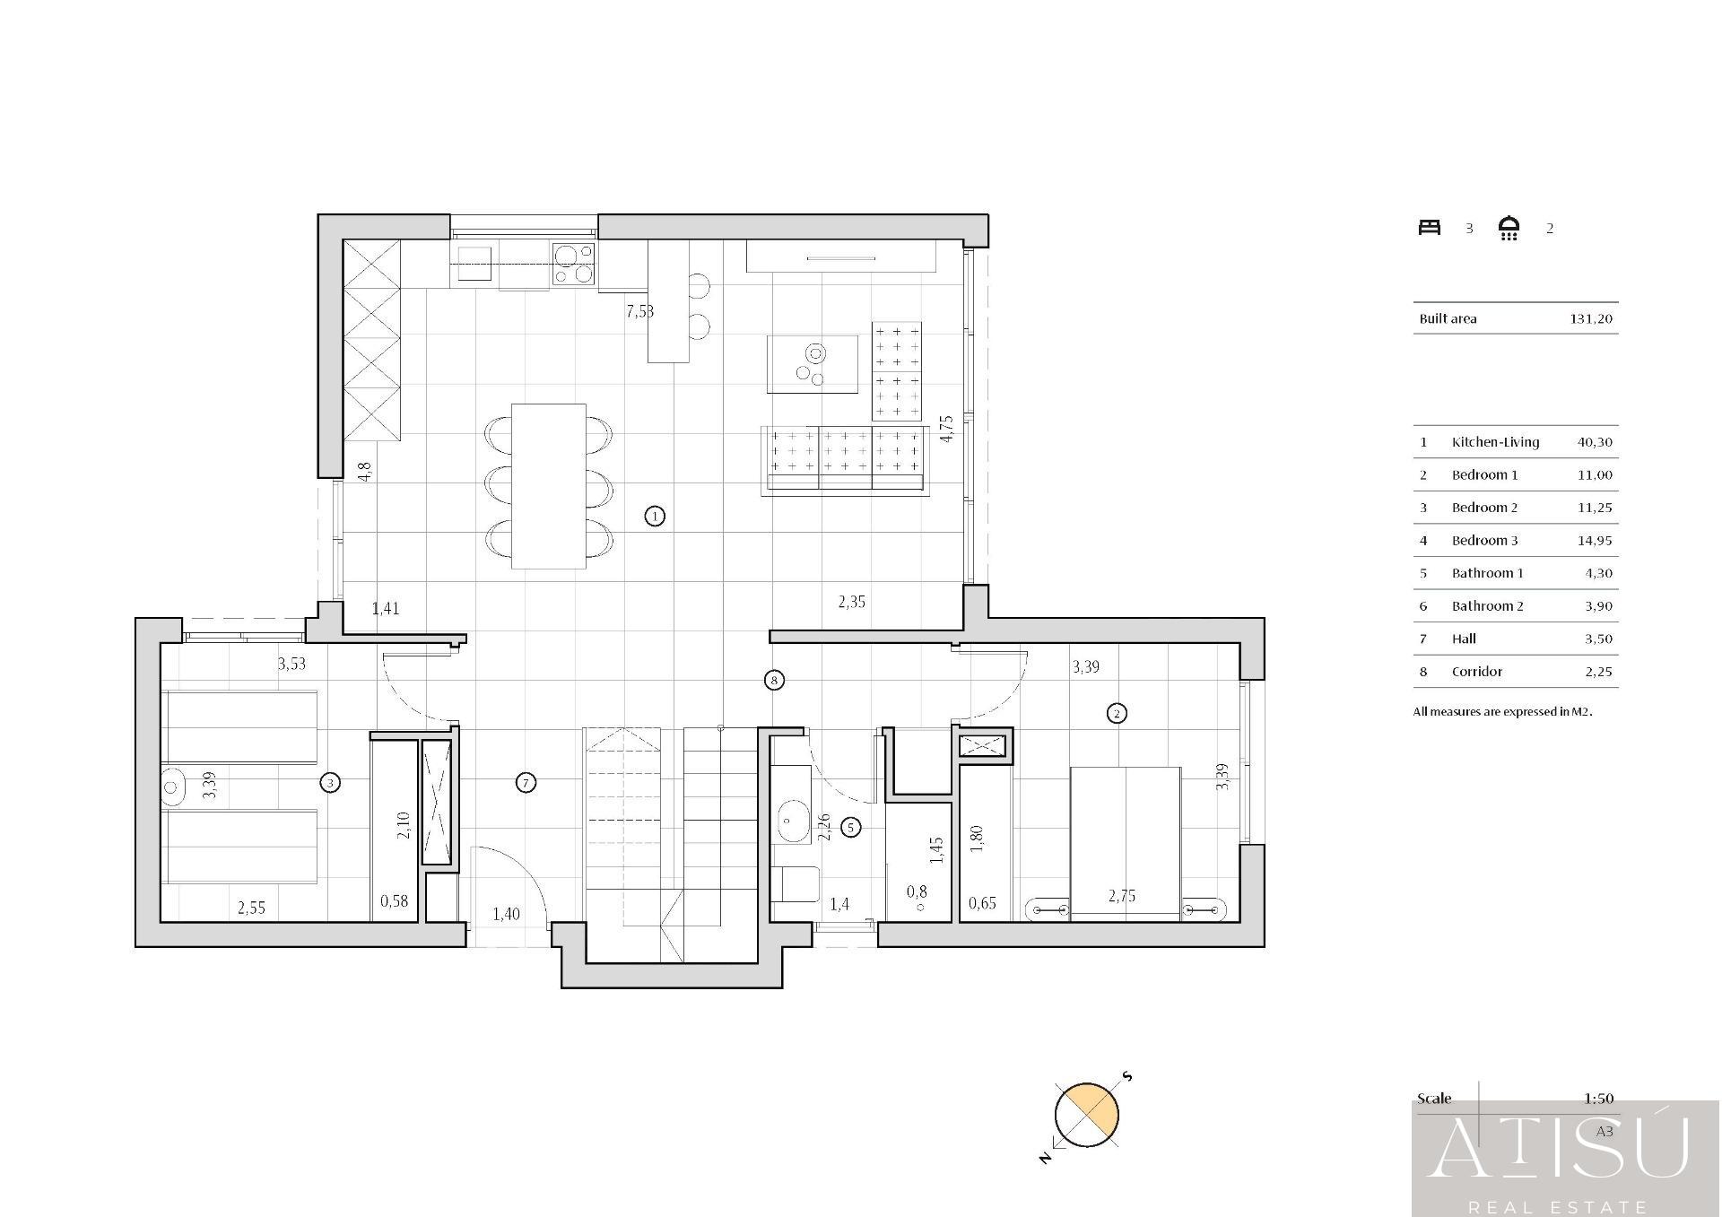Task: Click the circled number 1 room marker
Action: (655, 516)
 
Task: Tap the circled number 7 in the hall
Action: (526, 783)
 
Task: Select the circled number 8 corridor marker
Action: (774, 680)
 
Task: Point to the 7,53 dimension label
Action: (639, 311)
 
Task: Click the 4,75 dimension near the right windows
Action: (946, 428)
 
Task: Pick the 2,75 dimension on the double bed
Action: (1122, 895)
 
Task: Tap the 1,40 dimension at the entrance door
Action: (506, 914)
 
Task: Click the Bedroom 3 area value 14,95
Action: (1595, 540)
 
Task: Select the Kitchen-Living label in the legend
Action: (1495, 442)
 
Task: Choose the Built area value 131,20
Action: (1591, 318)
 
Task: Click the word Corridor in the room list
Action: (1477, 672)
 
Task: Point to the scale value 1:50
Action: (1598, 1099)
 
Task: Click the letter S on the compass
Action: (1127, 1076)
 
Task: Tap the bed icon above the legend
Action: (1430, 228)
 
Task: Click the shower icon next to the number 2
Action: (1509, 229)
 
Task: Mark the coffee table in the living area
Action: (812, 364)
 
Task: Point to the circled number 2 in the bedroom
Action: (1117, 714)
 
